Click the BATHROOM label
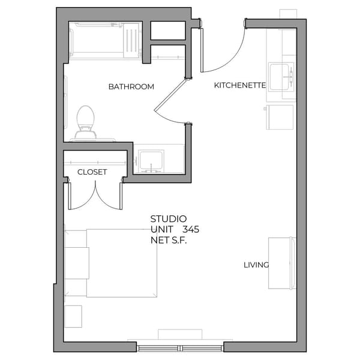(131, 87)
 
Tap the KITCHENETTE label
(240, 85)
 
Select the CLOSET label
(92, 172)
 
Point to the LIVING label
(256, 265)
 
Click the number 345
(191, 229)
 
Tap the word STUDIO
(169, 219)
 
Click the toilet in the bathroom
(85, 122)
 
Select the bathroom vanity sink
(151, 161)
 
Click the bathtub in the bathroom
(105, 41)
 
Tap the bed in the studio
(111, 263)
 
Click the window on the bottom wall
(180, 348)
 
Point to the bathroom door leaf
(170, 95)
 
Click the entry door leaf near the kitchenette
(202, 50)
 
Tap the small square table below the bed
(73, 316)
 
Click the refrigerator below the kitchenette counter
(280, 117)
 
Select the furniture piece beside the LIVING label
(283, 263)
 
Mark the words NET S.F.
(169, 241)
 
